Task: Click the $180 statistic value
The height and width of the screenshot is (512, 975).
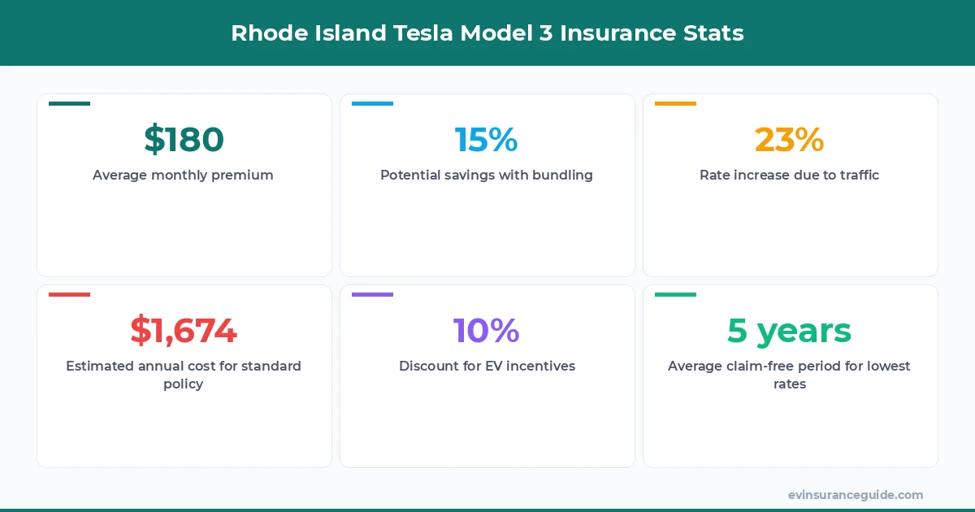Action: [184, 140]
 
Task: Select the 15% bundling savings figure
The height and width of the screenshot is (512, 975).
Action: [486, 140]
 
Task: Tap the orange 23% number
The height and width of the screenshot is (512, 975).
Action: [789, 140]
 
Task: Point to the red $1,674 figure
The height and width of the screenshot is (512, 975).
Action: [184, 331]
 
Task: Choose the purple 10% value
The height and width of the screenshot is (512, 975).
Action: [486, 331]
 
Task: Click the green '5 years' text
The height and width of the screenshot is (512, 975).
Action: [789, 331]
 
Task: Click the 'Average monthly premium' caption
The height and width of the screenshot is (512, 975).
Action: [183, 175]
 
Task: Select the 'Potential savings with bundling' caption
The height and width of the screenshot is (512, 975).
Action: [486, 175]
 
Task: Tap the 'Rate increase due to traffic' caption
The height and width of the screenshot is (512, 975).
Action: [789, 175]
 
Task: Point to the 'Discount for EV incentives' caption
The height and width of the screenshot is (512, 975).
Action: [487, 366]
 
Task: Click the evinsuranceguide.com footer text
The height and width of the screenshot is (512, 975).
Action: [855, 495]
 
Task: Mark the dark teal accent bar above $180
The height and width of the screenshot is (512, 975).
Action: [69, 103]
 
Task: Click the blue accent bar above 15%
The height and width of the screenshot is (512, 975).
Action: [372, 103]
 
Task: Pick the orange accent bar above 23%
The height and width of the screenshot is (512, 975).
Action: [675, 103]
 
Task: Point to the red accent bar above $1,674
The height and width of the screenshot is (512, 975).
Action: [69, 294]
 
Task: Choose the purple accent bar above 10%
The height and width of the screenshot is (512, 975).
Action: [372, 294]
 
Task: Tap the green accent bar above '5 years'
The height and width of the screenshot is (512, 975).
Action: [675, 294]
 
